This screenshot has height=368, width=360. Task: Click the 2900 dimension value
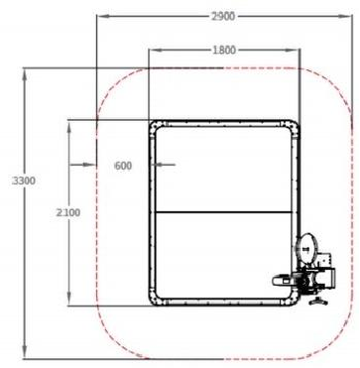(223, 16)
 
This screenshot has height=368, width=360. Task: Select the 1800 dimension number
(224, 51)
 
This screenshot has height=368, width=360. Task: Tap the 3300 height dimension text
(24, 181)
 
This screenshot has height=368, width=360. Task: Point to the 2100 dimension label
(68, 212)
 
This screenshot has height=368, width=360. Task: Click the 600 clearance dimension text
(123, 166)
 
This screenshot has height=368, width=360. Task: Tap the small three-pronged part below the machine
(317, 302)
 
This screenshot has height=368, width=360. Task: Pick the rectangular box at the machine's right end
(328, 278)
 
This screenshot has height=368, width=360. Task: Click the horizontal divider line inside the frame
(224, 212)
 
